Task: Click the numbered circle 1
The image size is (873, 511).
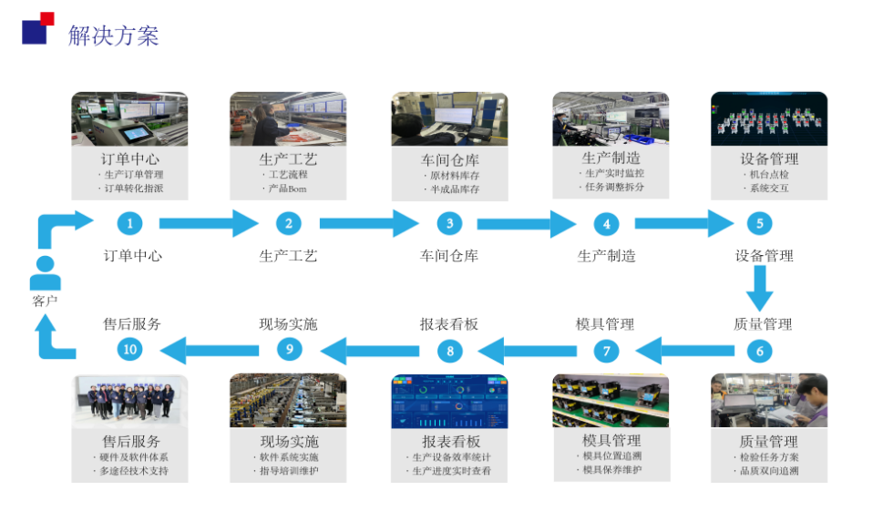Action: [x=130, y=223]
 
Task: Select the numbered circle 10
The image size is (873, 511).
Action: [x=130, y=349]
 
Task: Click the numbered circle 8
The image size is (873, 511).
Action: [x=449, y=350]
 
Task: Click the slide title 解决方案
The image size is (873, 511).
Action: [x=113, y=36]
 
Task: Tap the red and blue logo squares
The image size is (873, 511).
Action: [x=37, y=27]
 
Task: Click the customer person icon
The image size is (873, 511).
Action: [x=45, y=272]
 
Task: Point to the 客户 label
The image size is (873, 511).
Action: [x=45, y=301]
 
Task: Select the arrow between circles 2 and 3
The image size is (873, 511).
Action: [x=368, y=223]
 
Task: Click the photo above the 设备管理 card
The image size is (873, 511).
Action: [x=768, y=118]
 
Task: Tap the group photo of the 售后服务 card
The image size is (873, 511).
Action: [x=129, y=401]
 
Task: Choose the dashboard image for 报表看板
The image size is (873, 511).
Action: [x=449, y=401]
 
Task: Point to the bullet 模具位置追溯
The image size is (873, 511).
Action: [x=611, y=456]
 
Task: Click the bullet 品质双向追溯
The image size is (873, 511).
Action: [x=768, y=471]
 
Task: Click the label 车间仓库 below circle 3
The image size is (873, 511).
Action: [x=448, y=256]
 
